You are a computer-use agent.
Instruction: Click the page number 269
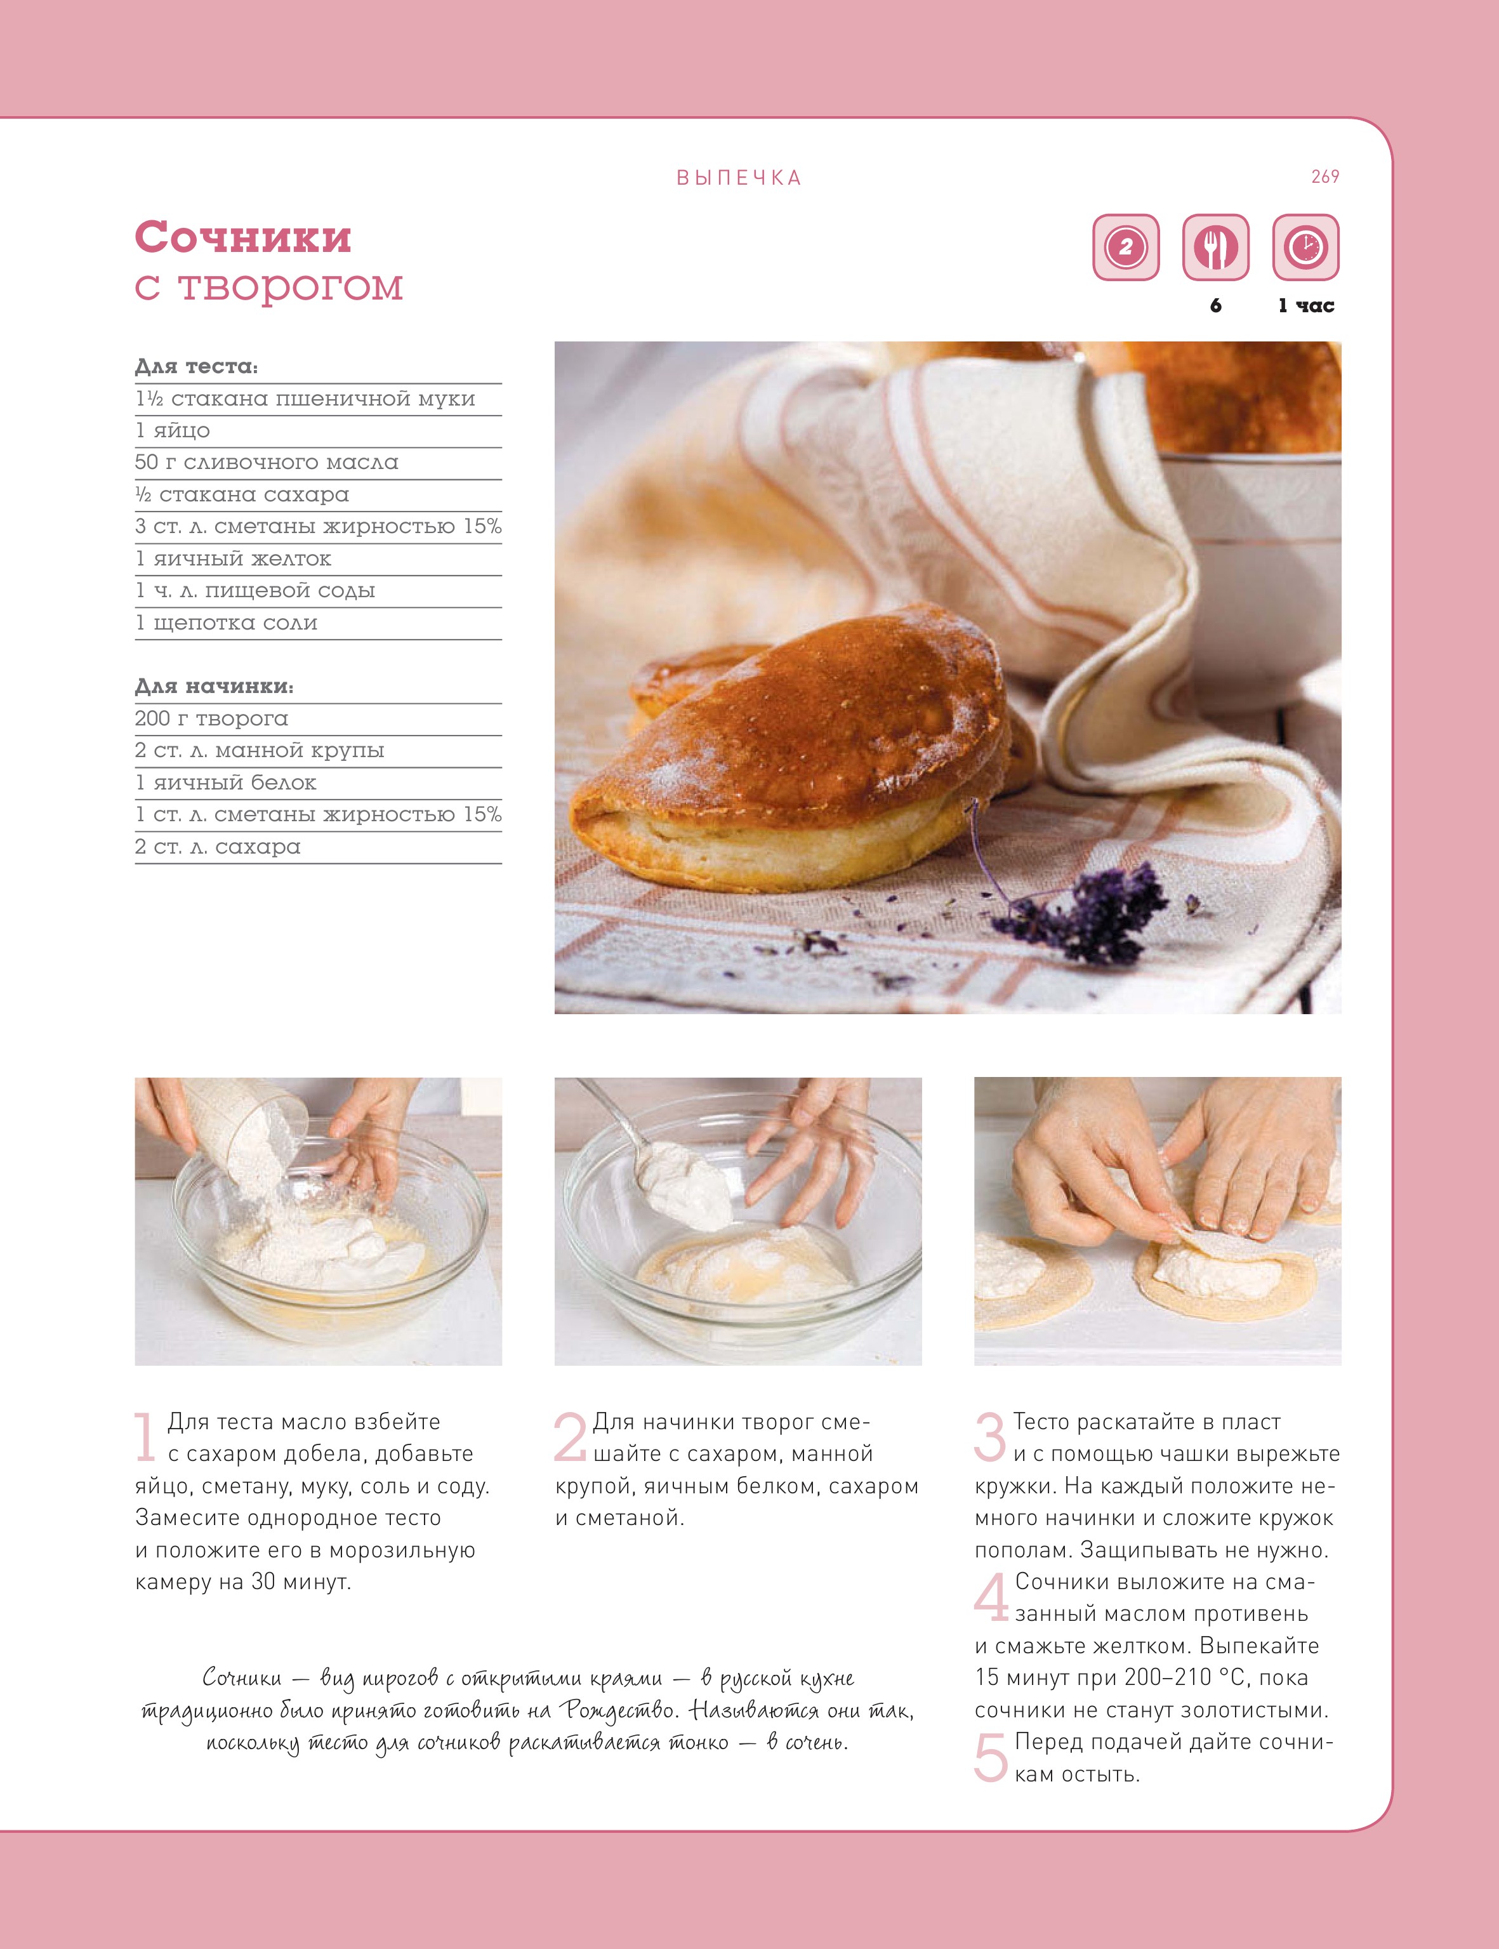(1325, 176)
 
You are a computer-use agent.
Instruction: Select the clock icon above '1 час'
(1305, 247)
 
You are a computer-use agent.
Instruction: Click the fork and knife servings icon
(1215, 247)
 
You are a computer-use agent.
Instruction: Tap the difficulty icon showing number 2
(1126, 247)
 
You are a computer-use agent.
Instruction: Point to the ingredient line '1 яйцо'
(173, 431)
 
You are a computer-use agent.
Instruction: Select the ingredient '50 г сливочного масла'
(267, 462)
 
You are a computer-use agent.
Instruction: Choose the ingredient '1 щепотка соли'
(227, 623)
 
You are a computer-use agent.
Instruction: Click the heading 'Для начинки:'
(214, 686)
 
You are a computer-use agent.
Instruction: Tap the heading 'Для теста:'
(196, 366)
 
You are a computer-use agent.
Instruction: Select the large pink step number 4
(991, 1597)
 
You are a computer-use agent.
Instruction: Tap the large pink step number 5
(991, 1757)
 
